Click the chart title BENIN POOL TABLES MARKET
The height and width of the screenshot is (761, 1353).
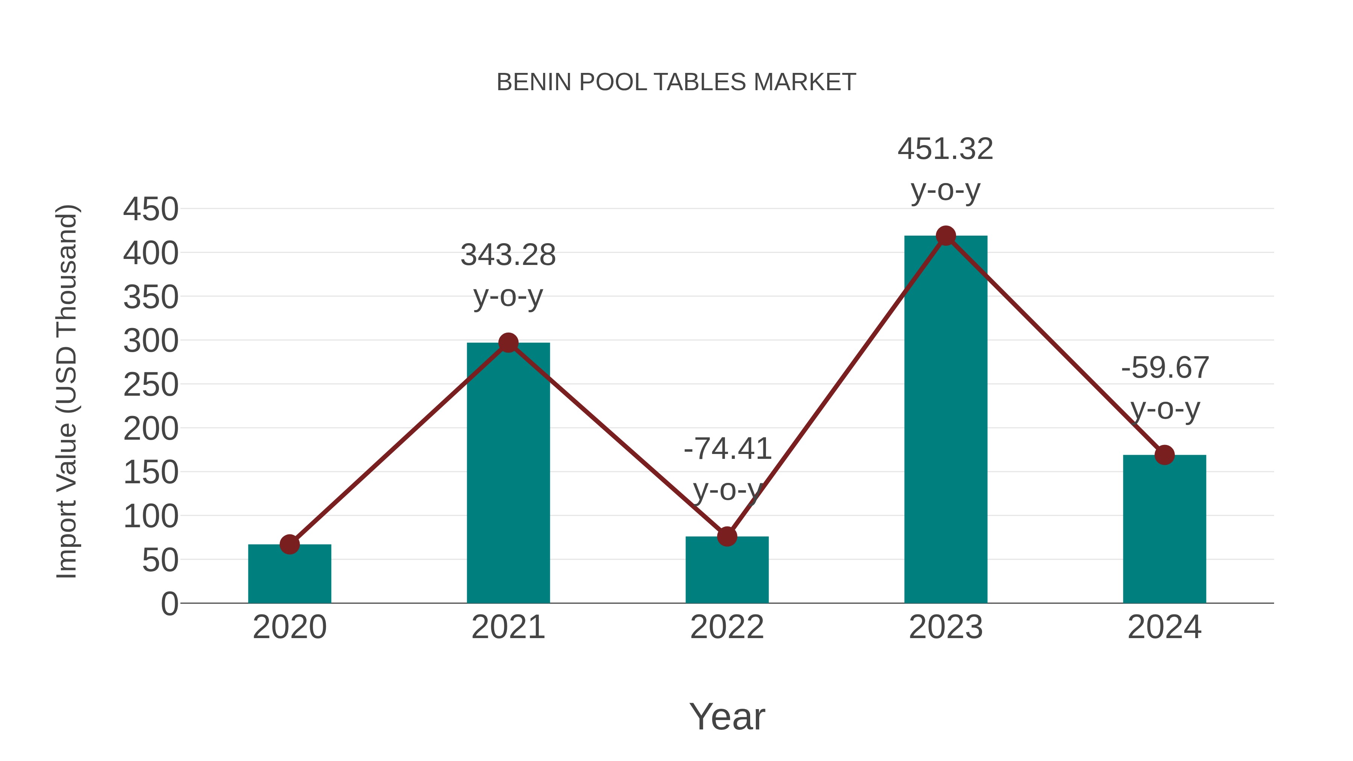pos(676,82)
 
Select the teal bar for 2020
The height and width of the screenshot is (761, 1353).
pos(289,575)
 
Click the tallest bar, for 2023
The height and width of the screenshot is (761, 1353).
pos(946,420)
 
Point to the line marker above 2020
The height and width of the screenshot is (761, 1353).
pos(289,545)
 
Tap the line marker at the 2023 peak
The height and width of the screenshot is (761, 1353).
pos(946,236)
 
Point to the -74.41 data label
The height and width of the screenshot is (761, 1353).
pos(728,449)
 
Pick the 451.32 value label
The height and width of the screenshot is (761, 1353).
pos(946,149)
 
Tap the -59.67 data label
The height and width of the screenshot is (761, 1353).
pos(1165,368)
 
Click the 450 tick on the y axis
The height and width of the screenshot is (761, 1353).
pos(151,210)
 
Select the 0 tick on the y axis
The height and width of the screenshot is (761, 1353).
pos(169,604)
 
